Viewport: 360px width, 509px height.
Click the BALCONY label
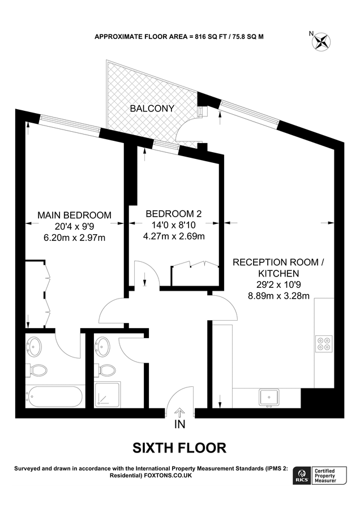pyautogui.click(x=152, y=108)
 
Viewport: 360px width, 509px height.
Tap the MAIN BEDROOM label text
pyautogui.click(x=74, y=215)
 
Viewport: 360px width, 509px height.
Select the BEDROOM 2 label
pyautogui.click(x=174, y=214)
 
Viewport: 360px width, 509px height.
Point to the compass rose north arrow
pyautogui.click(x=323, y=41)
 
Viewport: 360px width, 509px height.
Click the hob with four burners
pyautogui.click(x=324, y=344)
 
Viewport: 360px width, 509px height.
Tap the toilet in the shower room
pyautogui.click(x=105, y=370)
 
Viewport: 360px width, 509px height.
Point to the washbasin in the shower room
pyautogui.click(x=103, y=344)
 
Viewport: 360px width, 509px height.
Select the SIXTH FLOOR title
pyautogui.click(x=179, y=448)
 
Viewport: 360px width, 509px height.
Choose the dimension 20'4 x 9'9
pyautogui.click(x=74, y=226)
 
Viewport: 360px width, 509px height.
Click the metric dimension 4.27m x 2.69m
pyautogui.click(x=174, y=236)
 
